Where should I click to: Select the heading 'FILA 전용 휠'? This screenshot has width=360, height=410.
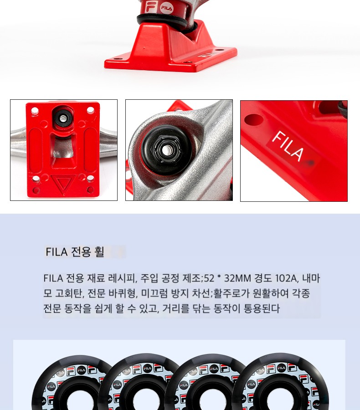(75, 252)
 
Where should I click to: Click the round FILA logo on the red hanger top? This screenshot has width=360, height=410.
(166, 8)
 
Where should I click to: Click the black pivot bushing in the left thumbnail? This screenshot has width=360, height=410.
(62, 118)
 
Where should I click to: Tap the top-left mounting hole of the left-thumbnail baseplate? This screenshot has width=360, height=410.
(34, 110)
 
